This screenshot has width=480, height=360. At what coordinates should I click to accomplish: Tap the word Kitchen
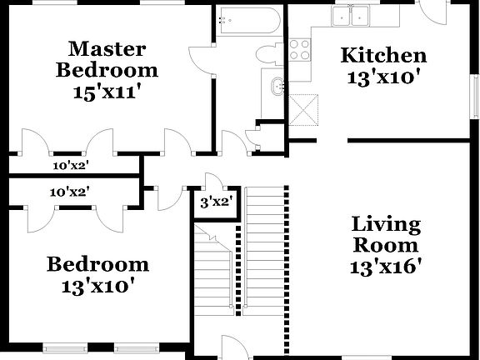(384, 56)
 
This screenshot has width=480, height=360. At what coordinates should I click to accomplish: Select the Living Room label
(386, 235)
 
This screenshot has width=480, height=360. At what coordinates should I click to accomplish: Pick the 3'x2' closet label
(216, 201)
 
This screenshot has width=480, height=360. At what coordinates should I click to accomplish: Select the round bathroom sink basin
(277, 85)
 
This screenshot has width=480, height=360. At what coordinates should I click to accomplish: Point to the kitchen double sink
(351, 16)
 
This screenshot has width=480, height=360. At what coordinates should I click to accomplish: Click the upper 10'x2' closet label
(70, 165)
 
